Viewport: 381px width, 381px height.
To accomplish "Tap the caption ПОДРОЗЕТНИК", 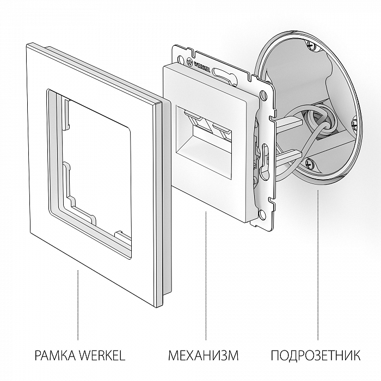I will point(315,357).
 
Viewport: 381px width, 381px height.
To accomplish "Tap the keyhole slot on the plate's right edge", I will point(265,155).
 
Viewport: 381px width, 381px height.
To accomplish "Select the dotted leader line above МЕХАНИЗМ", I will point(206,272).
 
